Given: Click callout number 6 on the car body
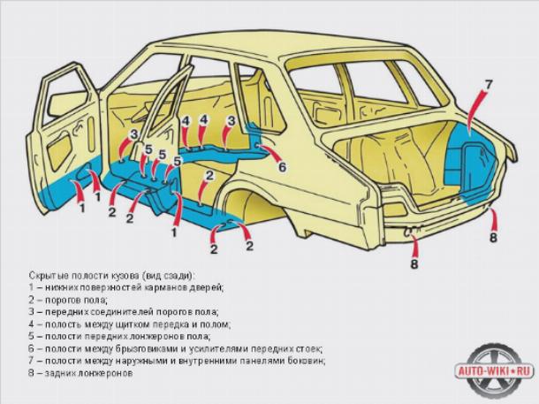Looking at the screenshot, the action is pos(282,167).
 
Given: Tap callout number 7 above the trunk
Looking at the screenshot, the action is pos(488,84).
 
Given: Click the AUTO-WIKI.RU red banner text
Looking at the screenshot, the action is pos(495,371).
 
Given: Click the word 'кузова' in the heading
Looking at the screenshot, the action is pos(125,276).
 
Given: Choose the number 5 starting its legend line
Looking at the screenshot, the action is pos(32,336).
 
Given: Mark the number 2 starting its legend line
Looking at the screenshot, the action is pos(32,300).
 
